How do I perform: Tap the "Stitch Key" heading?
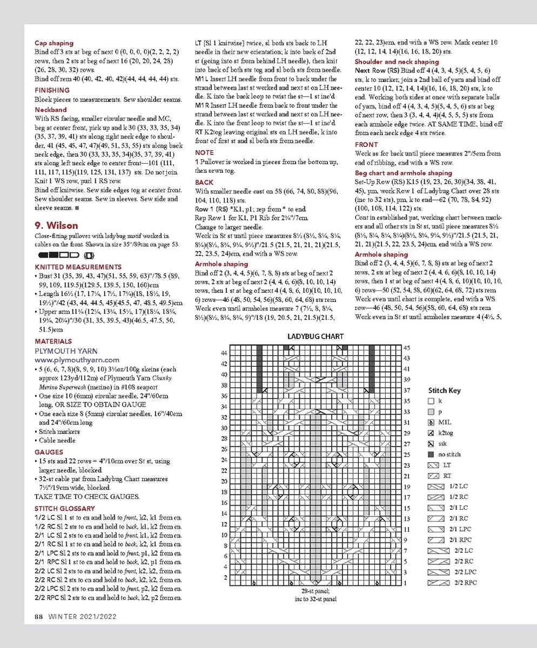[x=444, y=390]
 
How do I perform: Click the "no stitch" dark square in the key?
[x=431, y=454]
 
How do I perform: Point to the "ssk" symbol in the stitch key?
[x=431, y=443]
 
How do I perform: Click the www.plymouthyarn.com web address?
[x=77, y=360]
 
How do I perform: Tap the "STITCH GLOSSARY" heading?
[x=64, y=508]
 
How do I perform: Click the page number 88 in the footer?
[x=39, y=616]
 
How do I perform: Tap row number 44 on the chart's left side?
[x=224, y=353]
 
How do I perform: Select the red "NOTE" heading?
[x=204, y=153]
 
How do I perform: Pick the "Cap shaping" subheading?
[x=54, y=43]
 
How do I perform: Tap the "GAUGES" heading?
[x=49, y=452]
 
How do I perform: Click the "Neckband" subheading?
[x=50, y=109]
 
